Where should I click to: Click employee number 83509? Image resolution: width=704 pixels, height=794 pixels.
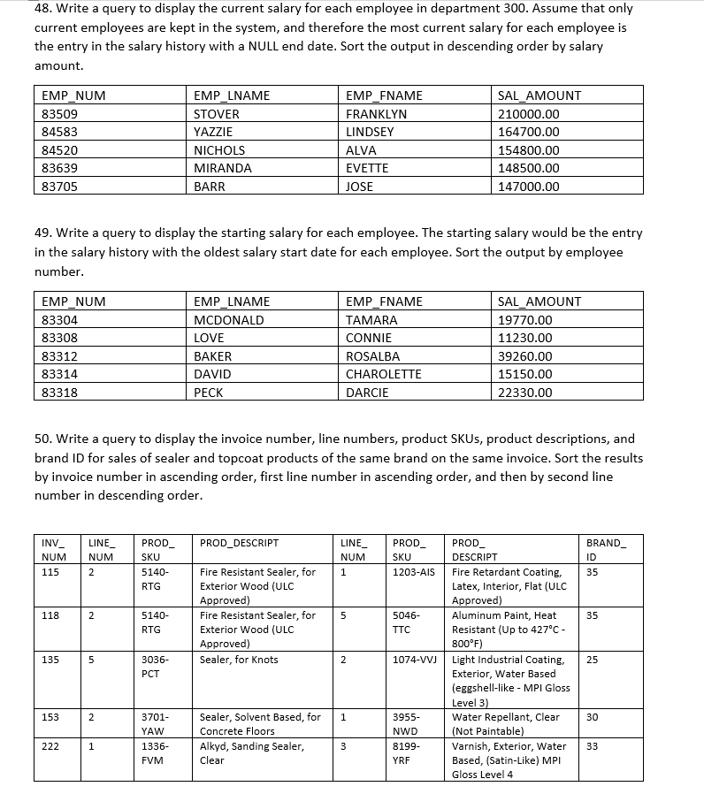(x=59, y=114)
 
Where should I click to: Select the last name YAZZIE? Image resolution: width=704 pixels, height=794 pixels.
(x=213, y=132)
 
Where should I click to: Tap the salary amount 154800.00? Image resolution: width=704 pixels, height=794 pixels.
(x=529, y=150)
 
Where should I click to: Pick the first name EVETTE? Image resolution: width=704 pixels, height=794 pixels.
(x=367, y=168)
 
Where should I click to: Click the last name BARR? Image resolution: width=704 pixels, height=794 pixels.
(x=209, y=187)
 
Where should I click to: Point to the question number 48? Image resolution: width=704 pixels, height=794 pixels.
(x=44, y=8)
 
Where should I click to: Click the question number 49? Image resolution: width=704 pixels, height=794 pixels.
(x=44, y=233)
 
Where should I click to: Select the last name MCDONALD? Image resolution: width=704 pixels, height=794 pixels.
(x=228, y=320)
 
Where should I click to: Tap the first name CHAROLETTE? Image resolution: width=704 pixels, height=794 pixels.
(x=383, y=374)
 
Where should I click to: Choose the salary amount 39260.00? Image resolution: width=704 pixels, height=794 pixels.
(x=525, y=356)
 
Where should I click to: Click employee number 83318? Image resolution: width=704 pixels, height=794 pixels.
(x=59, y=393)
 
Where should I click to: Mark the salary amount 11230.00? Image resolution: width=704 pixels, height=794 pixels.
(x=525, y=338)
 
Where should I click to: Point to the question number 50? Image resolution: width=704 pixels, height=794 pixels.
(x=44, y=439)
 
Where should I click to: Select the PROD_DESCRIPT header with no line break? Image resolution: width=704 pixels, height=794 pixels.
(x=239, y=542)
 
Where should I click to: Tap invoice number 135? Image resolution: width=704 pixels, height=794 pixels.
(x=50, y=660)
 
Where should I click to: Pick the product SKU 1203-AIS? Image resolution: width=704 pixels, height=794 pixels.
(x=413, y=572)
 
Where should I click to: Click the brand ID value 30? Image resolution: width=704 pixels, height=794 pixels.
(x=592, y=717)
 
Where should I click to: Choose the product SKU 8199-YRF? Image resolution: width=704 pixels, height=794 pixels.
(x=406, y=753)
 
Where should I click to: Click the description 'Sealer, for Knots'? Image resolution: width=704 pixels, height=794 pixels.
(x=239, y=660)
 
